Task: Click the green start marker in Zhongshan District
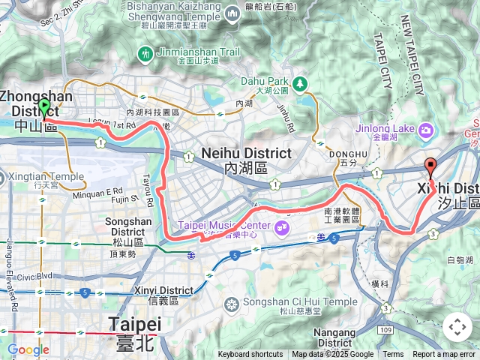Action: (43, 108)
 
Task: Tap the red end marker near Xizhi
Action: (430, 166)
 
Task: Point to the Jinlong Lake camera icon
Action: (427, 132)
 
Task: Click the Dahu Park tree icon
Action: (301, 82)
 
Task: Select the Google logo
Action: (28, 349)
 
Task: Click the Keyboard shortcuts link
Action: (250, 355)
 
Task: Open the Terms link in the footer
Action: (393, 355)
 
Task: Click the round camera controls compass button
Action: (457, 327)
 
